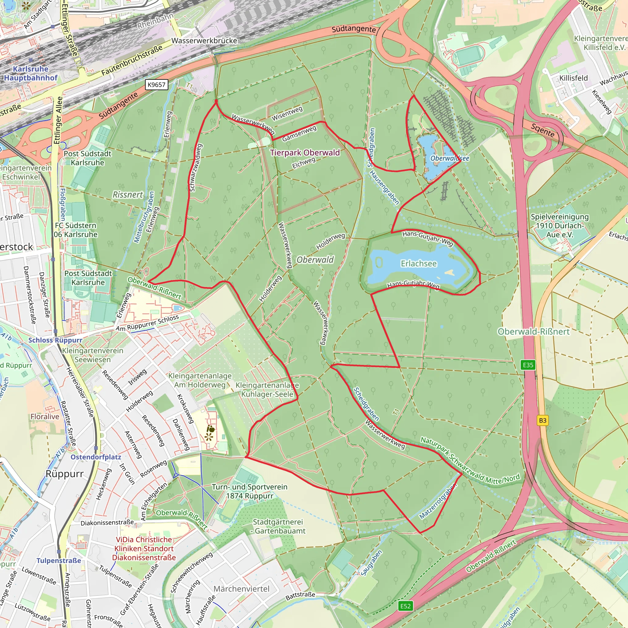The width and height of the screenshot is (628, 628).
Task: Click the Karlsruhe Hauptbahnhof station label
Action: click(x=31, y=73)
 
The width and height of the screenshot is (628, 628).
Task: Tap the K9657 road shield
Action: click(x=156, y=85)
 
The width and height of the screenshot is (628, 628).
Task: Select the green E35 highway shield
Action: click(x=528, y=365)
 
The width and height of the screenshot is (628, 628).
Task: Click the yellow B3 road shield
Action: click(x=542, y=420)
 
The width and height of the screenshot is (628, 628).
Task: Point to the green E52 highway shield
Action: click(x=405, y=606)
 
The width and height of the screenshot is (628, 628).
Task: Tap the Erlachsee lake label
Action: click(x=419, y=263)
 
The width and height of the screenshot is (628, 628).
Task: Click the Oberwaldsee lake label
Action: click(x=450, y=158)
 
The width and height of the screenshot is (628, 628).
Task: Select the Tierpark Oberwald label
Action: click(x=305, y=152)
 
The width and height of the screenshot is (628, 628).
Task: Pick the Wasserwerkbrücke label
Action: click(x=204, y=41)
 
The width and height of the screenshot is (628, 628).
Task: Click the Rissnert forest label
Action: click(x=128, y=194)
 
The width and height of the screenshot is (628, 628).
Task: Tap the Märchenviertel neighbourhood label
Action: click(x=242, y=589)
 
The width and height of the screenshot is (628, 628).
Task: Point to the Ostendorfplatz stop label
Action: click(x=96, y=457)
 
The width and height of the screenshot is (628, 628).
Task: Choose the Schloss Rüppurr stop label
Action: click(x=55, y=340)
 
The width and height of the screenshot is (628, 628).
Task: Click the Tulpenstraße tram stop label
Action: click(x=59, y=561)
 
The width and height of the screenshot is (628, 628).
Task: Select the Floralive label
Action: click(x=45, y=416)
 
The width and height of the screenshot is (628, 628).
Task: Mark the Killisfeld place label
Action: click(x=573, y=78)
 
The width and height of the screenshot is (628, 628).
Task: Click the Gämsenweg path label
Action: click(x=299, y=134)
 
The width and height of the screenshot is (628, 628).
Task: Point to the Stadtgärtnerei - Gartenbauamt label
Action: click(x=279, y=526)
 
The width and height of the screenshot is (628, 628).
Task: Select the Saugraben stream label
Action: click(x=371, y=563)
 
